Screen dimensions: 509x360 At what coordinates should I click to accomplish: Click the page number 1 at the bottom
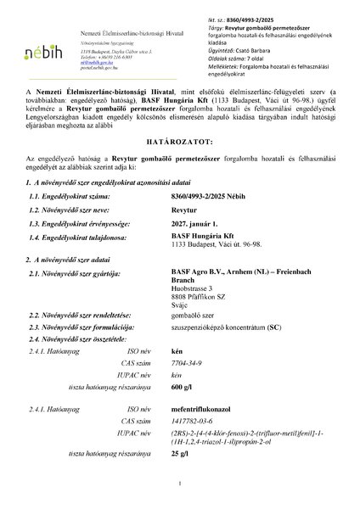click(181, 484)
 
